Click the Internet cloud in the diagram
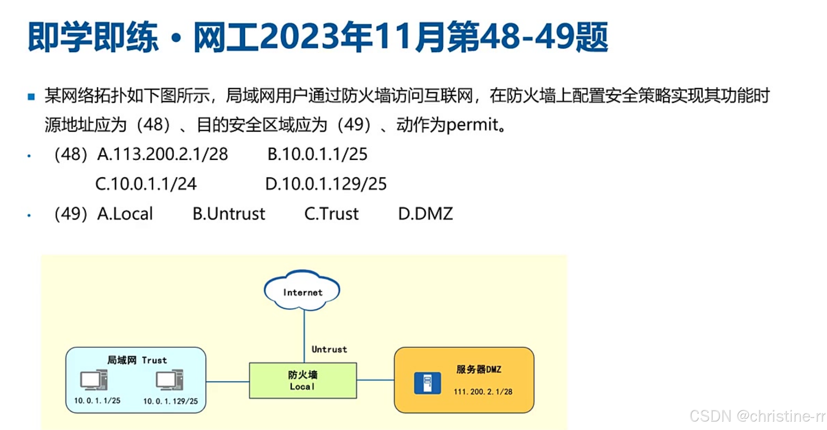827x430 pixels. pos(302,291)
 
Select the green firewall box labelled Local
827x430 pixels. pos(303,380)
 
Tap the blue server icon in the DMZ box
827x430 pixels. pos(427,383)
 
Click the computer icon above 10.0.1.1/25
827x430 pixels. pos(94,380)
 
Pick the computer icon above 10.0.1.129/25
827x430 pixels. pos(170,380)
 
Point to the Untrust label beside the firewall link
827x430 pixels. pos(329,350)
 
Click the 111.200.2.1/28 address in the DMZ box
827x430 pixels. pos(483,392)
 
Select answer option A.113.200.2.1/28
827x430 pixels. pos(162,154)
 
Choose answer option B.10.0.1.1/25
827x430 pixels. pos(317,154)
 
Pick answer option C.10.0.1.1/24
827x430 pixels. pos(146,184)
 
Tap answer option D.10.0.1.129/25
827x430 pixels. pos(326,184)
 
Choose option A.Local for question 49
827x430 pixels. pos(125,214)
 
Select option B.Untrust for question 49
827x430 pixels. pos(229,214)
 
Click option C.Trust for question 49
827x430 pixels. pos(331,214)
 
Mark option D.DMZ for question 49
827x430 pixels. pos(425,214)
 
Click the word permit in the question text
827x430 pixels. pos(472,125)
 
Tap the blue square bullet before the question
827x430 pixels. pos(31,97)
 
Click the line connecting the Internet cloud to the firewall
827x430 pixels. pos(304,335)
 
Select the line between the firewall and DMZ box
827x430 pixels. pos(375,380)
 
